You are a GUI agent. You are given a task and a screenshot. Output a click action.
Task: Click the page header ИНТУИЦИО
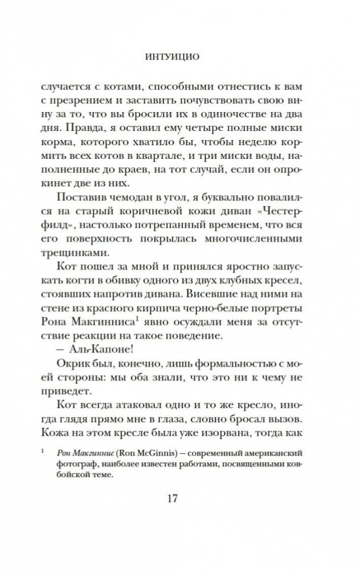[x=179, y=57]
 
